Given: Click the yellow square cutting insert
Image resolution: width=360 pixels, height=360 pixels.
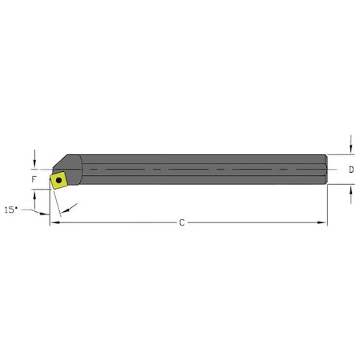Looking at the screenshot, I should click(x=58, y=180).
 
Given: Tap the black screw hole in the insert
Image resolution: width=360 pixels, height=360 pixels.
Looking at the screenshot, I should click(x=58, y=180).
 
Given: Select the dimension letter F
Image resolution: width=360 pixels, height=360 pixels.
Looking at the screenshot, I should click(x=34, y=179).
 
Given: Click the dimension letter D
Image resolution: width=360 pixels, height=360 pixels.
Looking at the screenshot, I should click(x=352, y=170).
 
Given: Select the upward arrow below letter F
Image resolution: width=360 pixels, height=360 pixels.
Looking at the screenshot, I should click(x=34, y=194).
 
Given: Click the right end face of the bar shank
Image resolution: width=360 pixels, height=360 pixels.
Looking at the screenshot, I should click(x=326, y=170).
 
